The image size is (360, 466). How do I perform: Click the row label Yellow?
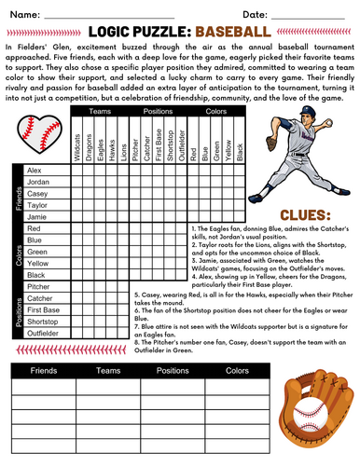[x=38, y=263]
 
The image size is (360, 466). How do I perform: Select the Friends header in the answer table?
[x=44, y=369]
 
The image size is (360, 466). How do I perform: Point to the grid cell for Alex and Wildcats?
[x=76, y=170]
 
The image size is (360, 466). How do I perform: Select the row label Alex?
[x=35, y=170]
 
